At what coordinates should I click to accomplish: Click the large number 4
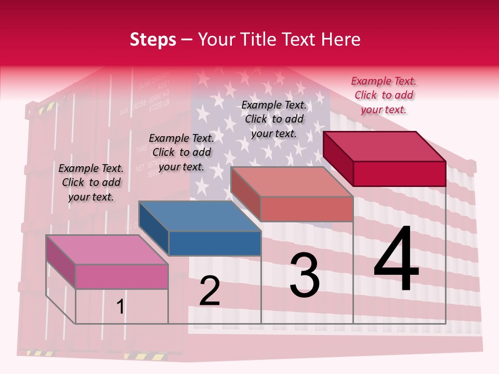396,260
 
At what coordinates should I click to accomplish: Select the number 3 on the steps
305,275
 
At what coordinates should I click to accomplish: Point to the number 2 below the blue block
210,291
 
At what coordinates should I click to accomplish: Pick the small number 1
121,307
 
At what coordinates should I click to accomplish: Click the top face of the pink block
107,249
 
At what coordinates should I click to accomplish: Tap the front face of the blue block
215,243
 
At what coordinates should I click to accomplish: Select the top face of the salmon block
292,182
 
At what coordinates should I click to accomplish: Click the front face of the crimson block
399,173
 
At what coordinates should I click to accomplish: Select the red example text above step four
384,95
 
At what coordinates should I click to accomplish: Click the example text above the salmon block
274,119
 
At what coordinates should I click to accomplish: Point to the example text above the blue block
181,152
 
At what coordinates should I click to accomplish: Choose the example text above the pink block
91,182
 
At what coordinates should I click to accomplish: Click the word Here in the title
340,39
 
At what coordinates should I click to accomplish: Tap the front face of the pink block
122,276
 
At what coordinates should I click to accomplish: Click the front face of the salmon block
307,209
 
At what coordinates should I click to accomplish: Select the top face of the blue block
200,216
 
